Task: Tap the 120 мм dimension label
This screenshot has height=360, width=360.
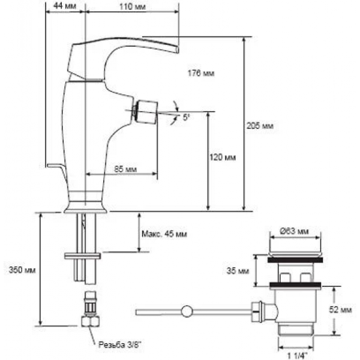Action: click(x=223, y=158)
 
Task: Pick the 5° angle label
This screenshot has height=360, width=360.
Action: click(x=186, y=118)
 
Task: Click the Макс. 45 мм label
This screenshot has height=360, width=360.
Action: click(x=164, y=233)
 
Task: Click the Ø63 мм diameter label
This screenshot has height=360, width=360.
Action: click(x=295, y=230)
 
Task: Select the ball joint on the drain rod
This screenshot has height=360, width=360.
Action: click(x=187, y=311)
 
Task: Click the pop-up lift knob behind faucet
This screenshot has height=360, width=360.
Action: click(x=54, y=166)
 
